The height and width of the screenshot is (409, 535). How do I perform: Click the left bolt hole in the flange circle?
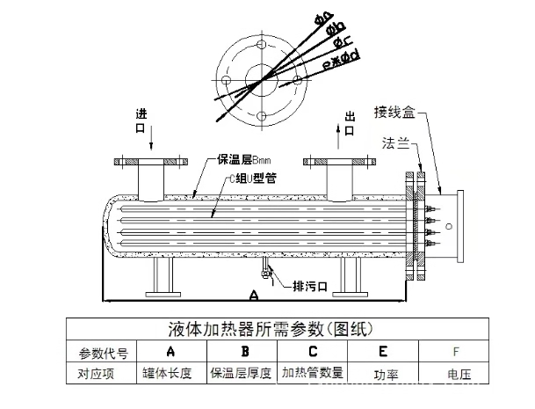(227, 81)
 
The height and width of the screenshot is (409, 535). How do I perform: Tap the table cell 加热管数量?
(313, 373)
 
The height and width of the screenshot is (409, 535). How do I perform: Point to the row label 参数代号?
(103, 353)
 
